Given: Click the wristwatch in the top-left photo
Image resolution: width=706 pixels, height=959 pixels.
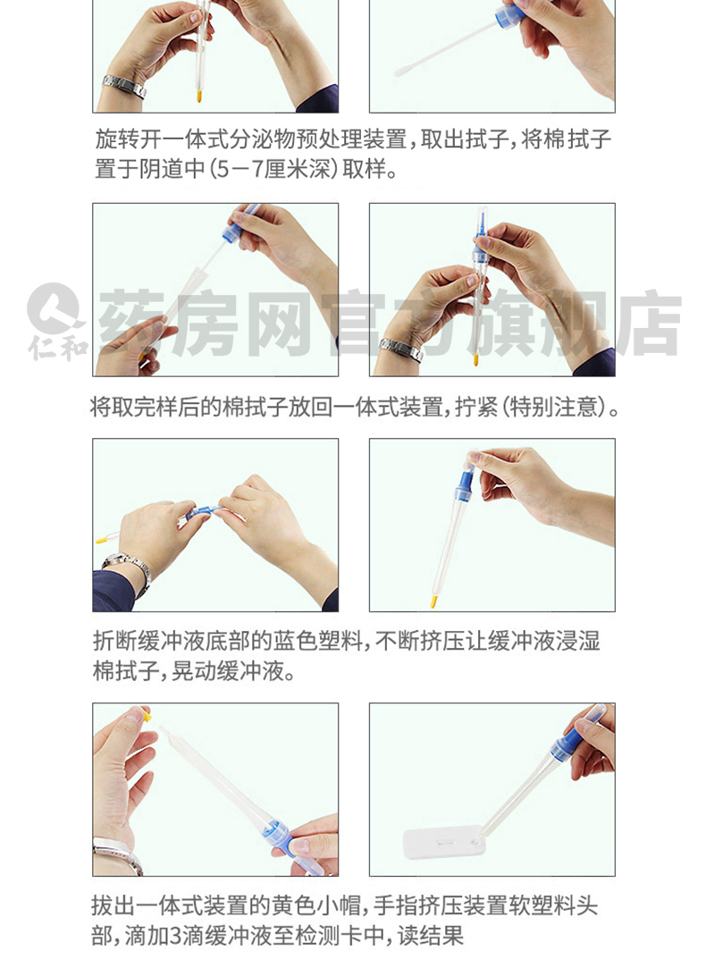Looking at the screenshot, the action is coord(124,87).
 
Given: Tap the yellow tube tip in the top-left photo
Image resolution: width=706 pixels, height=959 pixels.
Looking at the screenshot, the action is coord(198,96).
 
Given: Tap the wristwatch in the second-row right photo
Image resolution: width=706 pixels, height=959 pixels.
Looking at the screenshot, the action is coord(400,349).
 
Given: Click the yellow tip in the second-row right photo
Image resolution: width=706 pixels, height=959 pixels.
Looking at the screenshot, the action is coord(475,358).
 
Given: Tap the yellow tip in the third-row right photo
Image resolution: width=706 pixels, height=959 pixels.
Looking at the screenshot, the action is coord(433,601).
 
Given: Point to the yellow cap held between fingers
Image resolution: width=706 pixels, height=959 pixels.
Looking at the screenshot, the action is coord(147,713).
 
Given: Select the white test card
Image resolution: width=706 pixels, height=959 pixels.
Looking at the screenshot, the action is coord(444,842).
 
